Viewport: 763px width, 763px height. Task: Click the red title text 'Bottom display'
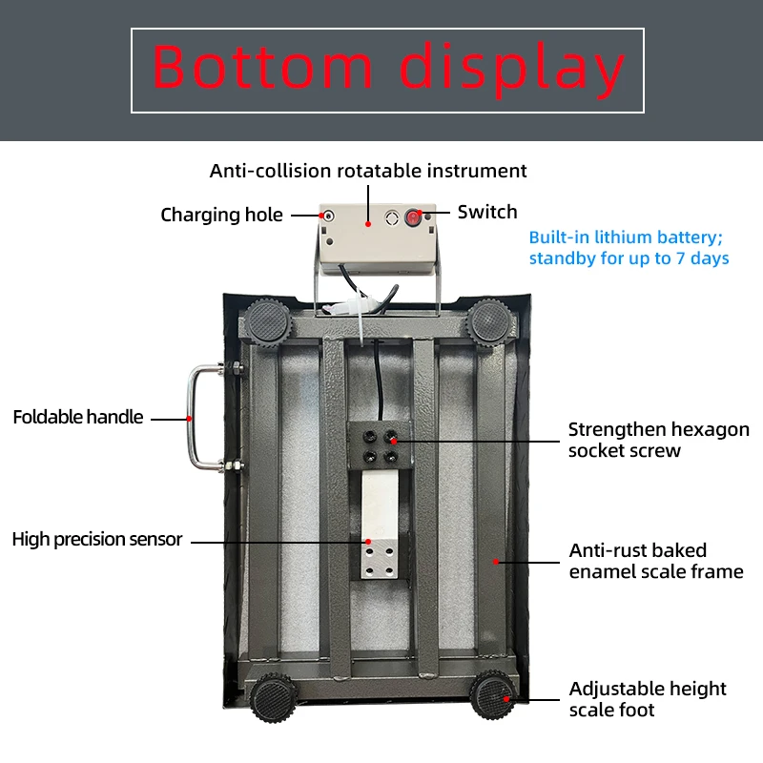[x=388, y=69]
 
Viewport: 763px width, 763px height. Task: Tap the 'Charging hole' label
[x=221, y=215]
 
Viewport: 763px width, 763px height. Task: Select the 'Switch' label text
[x=487, y=212]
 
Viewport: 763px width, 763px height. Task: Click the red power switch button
[x=413, y=217]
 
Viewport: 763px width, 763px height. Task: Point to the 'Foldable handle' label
[x=78, y=417]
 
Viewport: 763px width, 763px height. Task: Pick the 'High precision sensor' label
[x=97, y=539]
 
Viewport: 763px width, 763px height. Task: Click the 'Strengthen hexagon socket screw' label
[x=658, y=440]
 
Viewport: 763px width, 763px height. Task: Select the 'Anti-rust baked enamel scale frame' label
[x=656, y=561]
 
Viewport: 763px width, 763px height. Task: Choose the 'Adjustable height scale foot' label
[x=648, y=699]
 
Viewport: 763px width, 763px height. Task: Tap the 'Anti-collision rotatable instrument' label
[x=368, y=171]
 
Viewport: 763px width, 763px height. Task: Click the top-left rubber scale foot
[x=266, y=322]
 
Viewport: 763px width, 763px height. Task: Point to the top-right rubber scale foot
[x=489, y=321]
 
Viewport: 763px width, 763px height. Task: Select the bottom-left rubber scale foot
[x=273, y=697]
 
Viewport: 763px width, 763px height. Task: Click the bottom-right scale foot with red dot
[x=493, y=694]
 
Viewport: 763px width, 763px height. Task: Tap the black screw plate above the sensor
[x=380, y=445]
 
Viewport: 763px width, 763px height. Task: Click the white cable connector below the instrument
[x=348, y=307]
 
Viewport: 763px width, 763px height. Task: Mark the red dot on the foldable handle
[x=189, y=419]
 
